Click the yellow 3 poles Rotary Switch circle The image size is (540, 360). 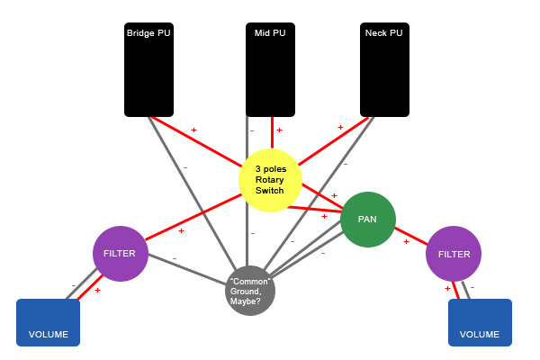pos(269,181)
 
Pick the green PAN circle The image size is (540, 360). pos(367,219)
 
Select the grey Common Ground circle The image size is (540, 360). pos(250,291)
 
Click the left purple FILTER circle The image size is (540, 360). pos(121,253)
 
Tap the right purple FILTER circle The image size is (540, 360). pos(454,254)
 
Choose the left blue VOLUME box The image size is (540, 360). pos(48,322)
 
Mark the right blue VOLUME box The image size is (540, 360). pos(480,322)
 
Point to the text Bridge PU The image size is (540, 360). pos(148,33)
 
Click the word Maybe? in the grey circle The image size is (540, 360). pos(248,301)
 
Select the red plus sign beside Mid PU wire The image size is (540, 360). pos(279,130)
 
